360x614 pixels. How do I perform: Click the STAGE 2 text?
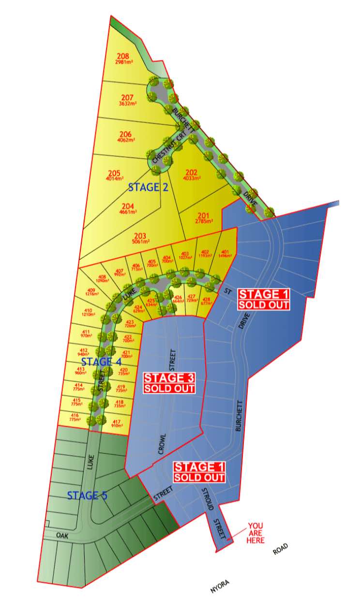[x=148, y=187]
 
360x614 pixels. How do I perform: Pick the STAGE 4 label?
[x=101, y=361]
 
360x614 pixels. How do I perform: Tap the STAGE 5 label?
[x=87, y=495]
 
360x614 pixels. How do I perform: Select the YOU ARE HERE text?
[x=256, y=533]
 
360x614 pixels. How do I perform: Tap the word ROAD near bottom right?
[x=280, y=549]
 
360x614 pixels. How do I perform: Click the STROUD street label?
[x=206, y=496]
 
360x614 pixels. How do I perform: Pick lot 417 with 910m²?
[x=117, y=423]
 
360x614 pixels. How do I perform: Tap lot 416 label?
[x=75, y=417]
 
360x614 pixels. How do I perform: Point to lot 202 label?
[x=191, y=174]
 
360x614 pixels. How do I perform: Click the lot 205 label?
[x=114, y=175]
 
